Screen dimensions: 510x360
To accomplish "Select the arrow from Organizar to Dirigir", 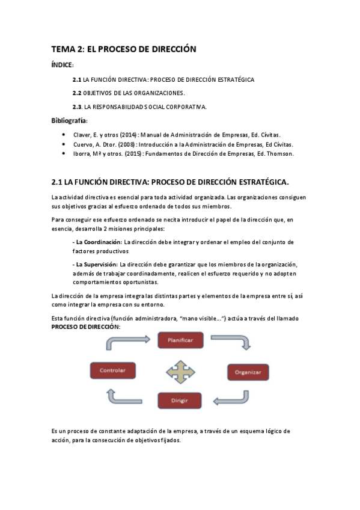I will click(232, 398).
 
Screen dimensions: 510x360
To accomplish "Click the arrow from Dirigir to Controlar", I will click(124, 396).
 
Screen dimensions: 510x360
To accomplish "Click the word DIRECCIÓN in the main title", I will click(169, 50).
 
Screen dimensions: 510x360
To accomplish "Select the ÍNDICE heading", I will click(62, 65).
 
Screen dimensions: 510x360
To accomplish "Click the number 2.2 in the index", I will click(76, 93).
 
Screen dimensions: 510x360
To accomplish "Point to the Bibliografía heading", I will click(69, 121).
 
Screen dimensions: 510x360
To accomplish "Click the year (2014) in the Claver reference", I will click(128, 135).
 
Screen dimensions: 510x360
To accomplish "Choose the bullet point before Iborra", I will click(64, 154).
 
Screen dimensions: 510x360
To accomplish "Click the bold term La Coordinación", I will click(96, 242).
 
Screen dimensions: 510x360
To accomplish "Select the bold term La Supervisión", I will click(94, 264).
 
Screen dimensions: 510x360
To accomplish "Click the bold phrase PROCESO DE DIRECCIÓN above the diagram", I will click(86, 326).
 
